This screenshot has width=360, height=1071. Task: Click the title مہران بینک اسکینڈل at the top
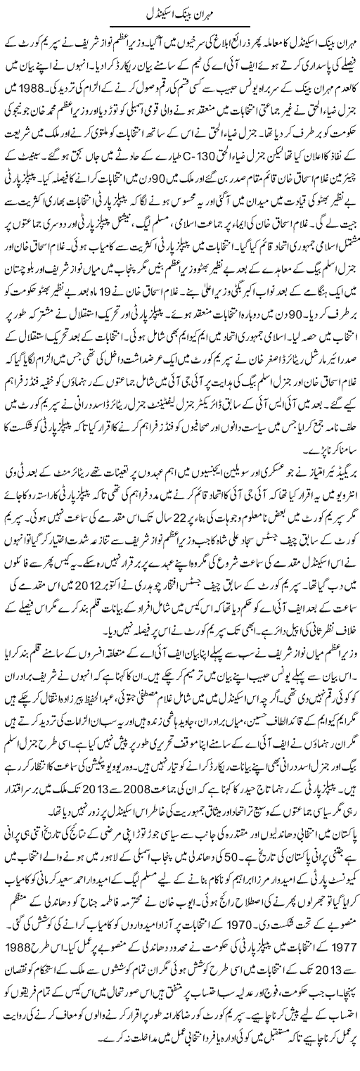[x=180, y=13]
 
